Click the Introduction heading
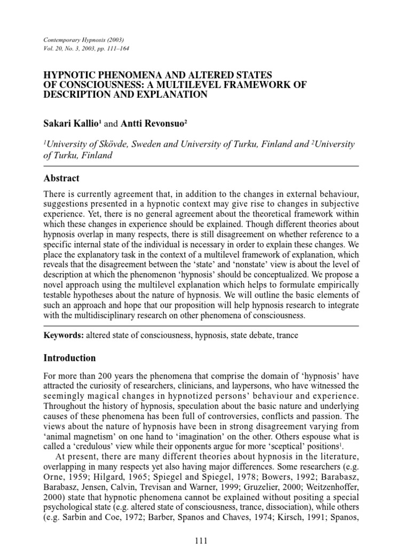[69, 358]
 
